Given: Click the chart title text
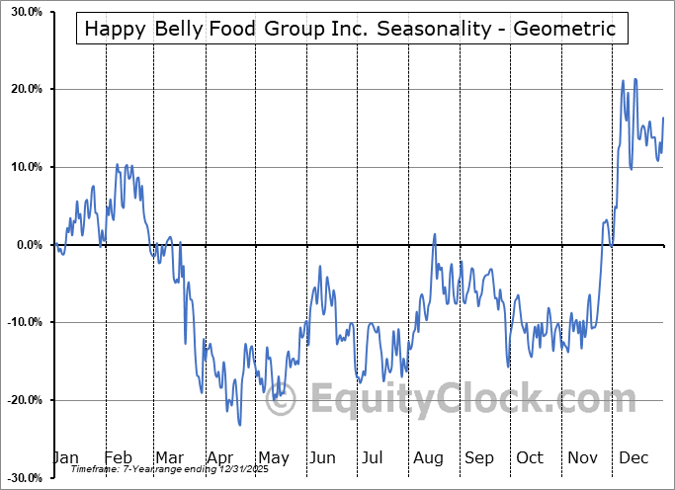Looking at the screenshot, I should pyautogui.click(x=350, y=29).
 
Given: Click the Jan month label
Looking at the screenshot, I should pyautogui.click(x=65, y=458).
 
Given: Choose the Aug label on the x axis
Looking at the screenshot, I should pyautogui.click(x=428, y=458).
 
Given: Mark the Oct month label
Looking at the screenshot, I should pyautogui.click(x=530, y=458).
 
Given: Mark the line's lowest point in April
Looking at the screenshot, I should pyautogui.click(x=240, y=426).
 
